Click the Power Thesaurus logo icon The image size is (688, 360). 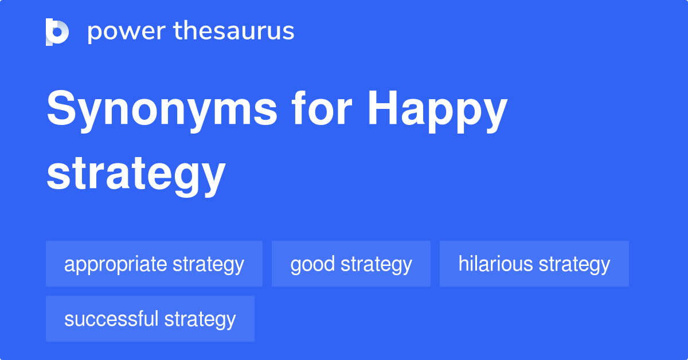coord(57,32)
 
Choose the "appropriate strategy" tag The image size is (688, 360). coord(154,264)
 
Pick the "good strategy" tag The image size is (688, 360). coord(351,264)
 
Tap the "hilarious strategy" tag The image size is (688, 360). coord(534,264)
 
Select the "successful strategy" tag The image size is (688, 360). coord(150,319)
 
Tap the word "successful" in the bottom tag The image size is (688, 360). coord(112,319)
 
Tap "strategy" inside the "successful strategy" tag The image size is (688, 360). coord(200,319)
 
